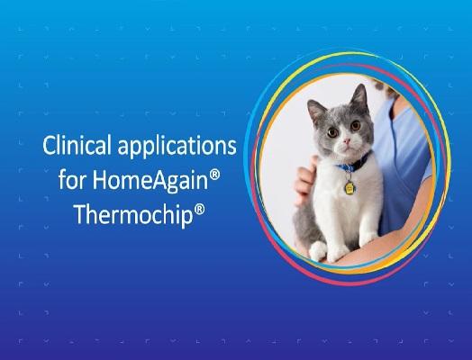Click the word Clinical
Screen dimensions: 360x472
tap(71, 146)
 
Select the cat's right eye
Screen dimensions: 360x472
tap(328, 133)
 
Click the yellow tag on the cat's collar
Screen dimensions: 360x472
tap(347, 186)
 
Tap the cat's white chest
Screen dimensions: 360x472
tap(338, 202)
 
